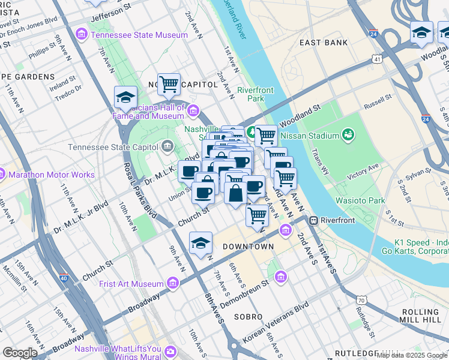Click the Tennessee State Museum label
coord(139,35)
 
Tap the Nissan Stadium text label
coord(310,136)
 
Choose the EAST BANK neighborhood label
coord(324,43)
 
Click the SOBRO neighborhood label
coord(248,316)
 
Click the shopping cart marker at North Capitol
coord(169,84)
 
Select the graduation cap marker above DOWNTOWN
coord(200,242)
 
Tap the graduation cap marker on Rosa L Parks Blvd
coord(125,97)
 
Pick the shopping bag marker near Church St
coord(236,193)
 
